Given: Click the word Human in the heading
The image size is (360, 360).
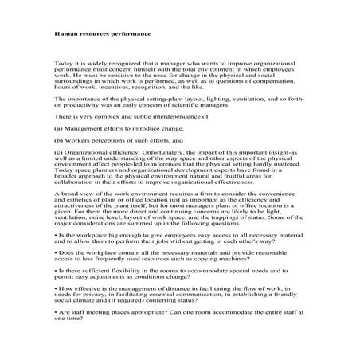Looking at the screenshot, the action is (x=65, y=35).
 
